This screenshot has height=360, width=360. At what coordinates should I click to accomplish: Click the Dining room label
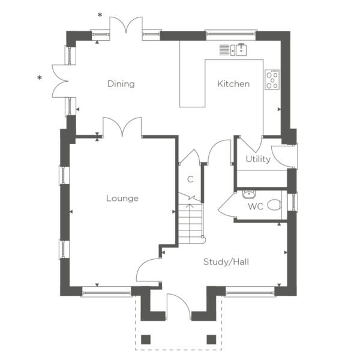pos(121,84)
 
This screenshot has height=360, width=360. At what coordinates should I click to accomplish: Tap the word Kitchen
pos(233,84)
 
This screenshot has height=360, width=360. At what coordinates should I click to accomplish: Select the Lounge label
pos(122,199)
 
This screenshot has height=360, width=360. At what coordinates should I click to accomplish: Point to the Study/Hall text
pos(226,262)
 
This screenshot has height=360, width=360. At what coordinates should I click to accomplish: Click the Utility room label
pos(258,159)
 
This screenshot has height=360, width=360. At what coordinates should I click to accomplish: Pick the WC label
pos(256,206)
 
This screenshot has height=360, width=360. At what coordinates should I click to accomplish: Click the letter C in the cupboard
pos(190,179)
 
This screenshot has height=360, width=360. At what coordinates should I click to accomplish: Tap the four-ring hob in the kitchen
pos(272,79)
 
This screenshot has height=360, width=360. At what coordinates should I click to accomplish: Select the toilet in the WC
pos(274,205)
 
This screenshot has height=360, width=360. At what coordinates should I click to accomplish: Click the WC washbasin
pos(248,194)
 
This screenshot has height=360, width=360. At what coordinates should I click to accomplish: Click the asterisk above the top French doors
pos(100,15)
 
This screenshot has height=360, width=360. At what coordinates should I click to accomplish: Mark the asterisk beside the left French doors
pos(40,78)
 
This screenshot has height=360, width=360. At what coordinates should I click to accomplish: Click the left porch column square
pos(146,340)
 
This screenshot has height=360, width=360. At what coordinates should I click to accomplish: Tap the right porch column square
pos(211,340)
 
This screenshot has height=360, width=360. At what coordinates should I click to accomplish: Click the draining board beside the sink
pos(224,50)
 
